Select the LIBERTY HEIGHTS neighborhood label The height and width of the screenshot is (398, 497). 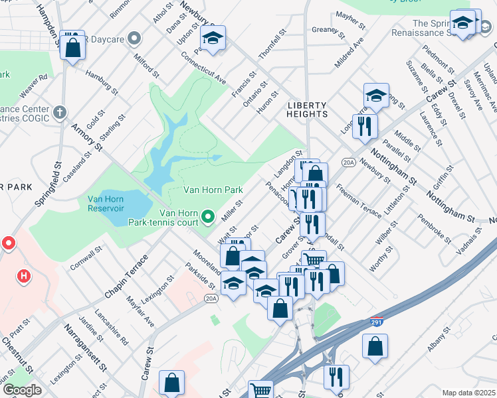coord(307,110)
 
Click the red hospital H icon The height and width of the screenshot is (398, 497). coord(24,275)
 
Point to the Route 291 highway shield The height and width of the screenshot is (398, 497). coord(375,323)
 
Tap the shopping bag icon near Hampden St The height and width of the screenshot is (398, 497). coord(73,46)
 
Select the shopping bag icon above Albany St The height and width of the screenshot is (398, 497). coord(375,346)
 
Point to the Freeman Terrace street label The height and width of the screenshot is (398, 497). coord(358,201)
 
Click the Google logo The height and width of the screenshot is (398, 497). coord(22,390)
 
